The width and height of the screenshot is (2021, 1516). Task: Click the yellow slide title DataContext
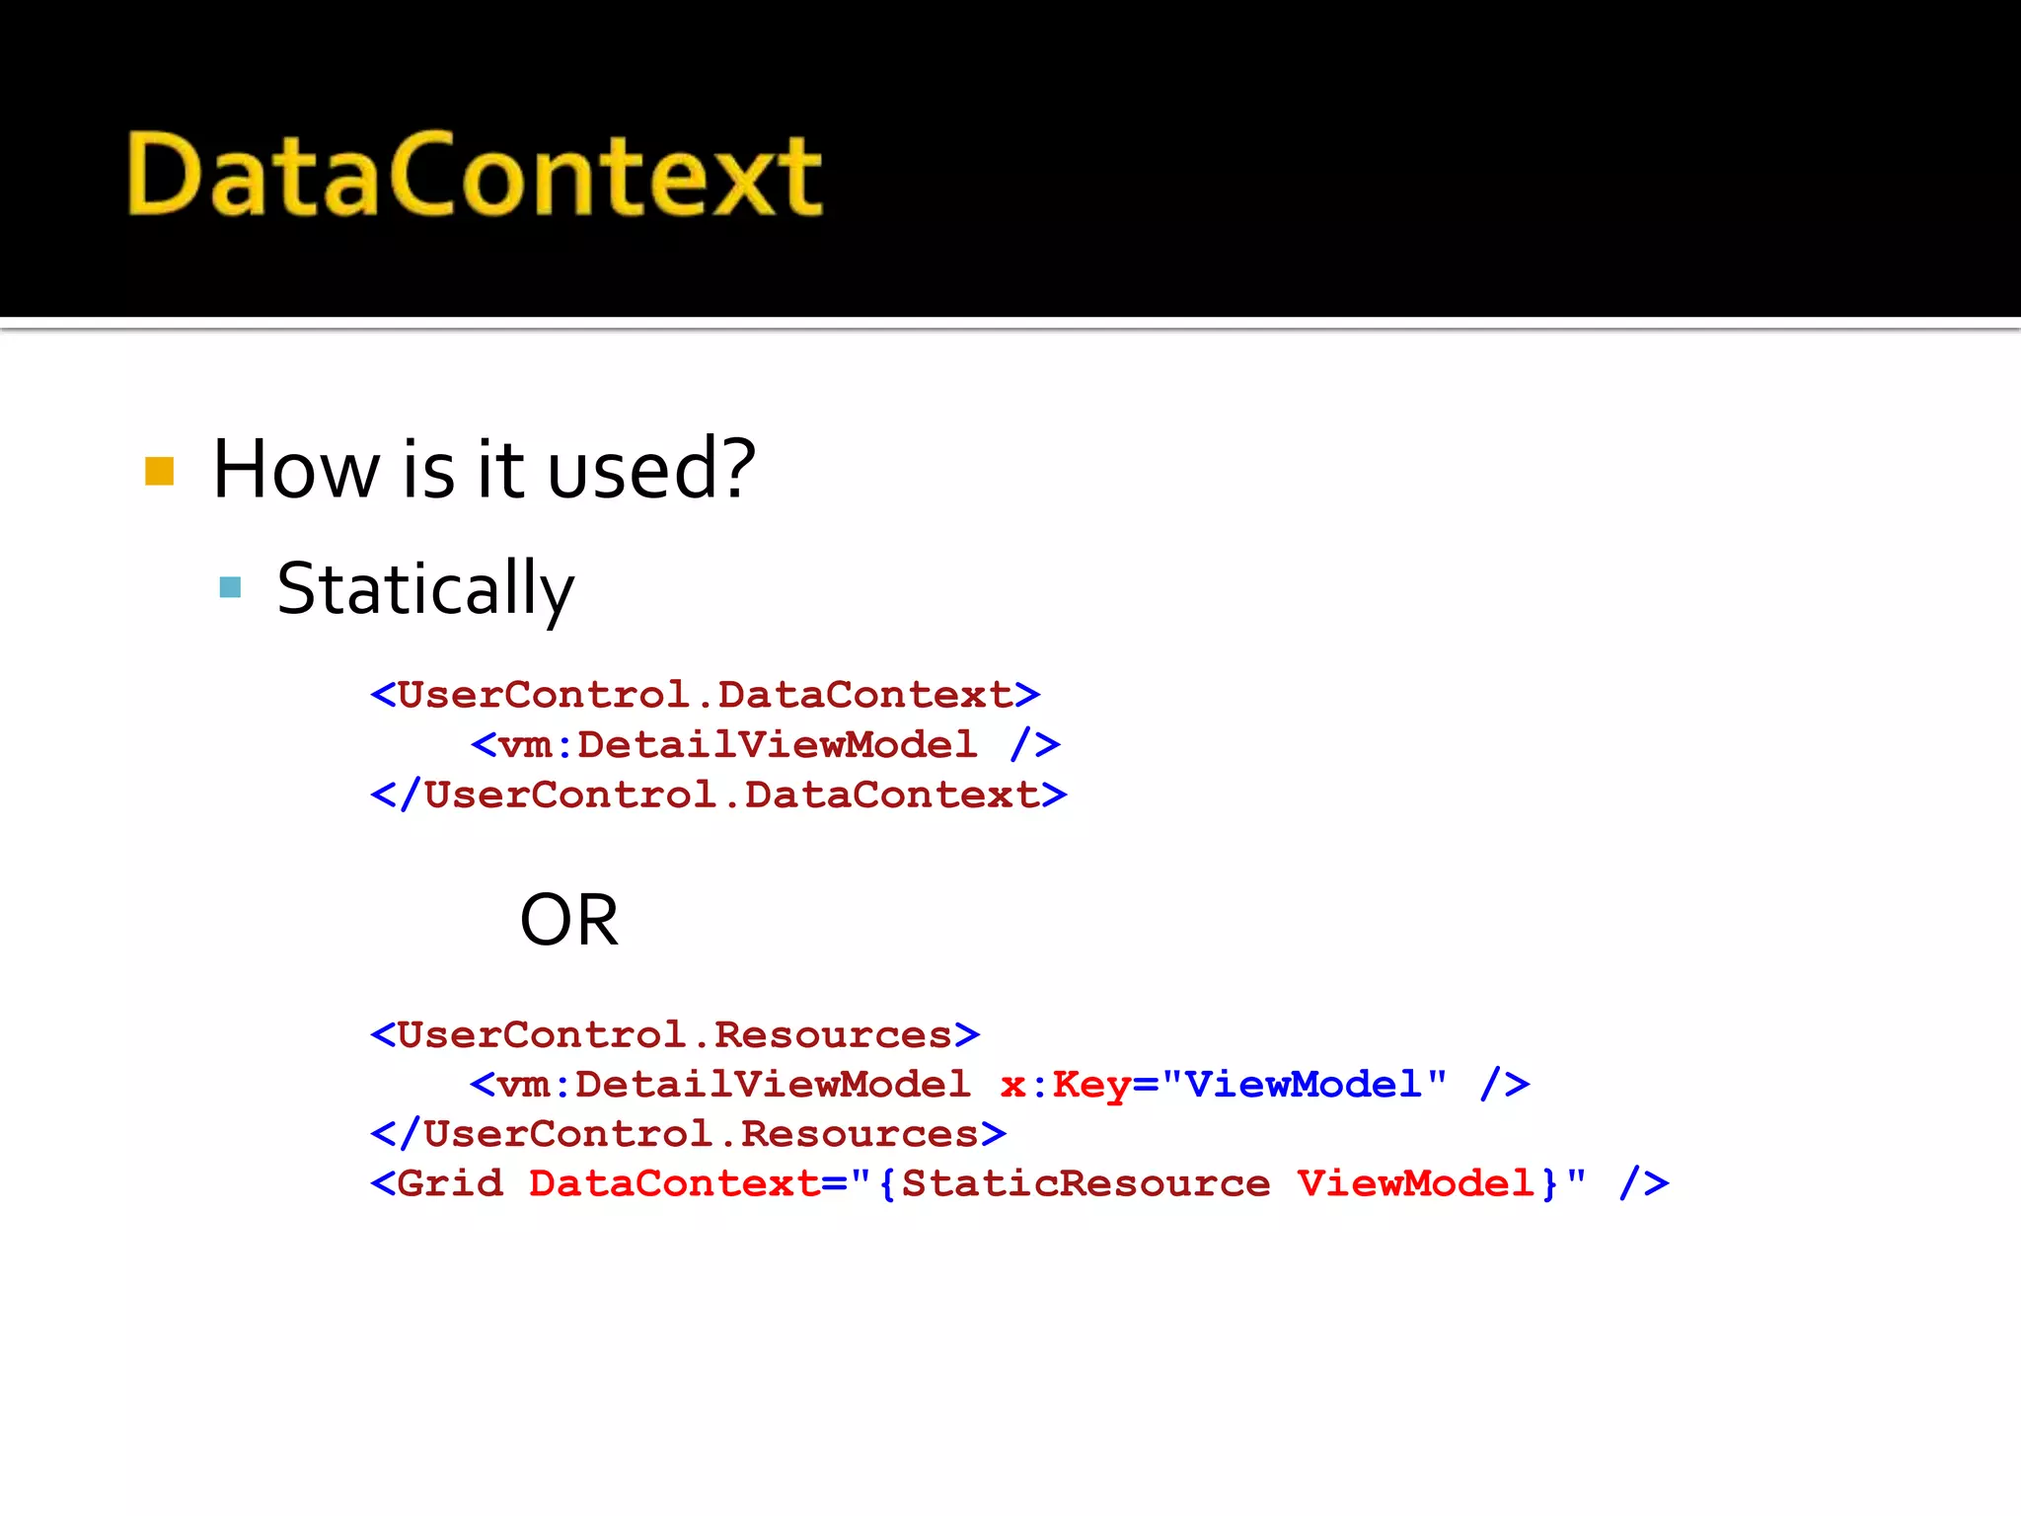[x=474, y=175]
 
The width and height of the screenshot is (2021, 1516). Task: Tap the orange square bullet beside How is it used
[x=159, y=471]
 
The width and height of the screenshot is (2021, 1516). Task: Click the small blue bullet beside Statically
[x=230, y=588]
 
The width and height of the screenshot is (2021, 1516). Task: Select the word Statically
[x=424, y=589]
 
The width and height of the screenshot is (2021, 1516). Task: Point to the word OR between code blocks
[x=568, y=920]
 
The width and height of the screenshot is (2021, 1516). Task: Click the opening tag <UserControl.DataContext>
[x=705, y=695]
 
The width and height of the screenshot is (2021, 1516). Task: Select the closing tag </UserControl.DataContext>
[x=718, y=795]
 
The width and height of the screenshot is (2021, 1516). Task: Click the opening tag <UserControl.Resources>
[x=675, y=1034]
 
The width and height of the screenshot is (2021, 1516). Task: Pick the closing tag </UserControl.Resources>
[x=689, y=1134]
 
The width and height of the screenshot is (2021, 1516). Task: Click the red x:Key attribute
[x=1065, y=1085]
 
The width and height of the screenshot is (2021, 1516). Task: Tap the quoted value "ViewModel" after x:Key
[x=1304, y=1085]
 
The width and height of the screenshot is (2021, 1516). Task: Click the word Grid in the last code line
[x=450, y=1183]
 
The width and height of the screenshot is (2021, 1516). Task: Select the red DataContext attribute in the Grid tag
[x=674, y=1183]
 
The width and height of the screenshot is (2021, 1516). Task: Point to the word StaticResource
[x=1085, y=1183]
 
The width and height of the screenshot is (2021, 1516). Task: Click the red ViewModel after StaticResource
[x=1416, y=1183]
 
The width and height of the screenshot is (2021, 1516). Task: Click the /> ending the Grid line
[x=1644, y=1183]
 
